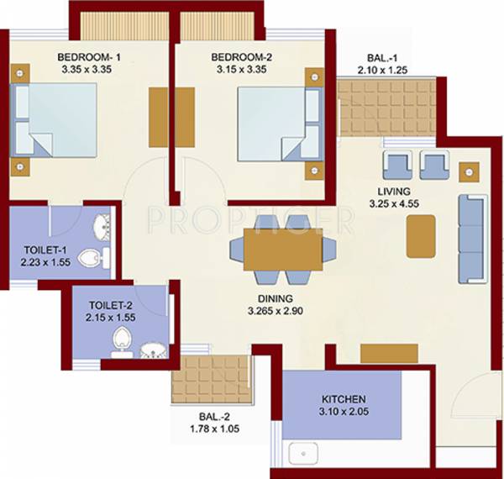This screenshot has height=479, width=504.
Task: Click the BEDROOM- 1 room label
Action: coord(89,57)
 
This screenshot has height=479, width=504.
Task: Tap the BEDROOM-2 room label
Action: coord(241,57)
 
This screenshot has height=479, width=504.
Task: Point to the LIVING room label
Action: coord(394,191)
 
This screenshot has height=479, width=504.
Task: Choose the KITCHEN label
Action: coord(344,399)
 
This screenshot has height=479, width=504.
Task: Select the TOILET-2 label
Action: coord(109,306)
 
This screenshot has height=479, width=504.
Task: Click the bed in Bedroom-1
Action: coord(55,120)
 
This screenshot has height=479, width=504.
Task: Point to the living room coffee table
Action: coord(421,236)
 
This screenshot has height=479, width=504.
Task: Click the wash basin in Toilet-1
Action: coord(102,227)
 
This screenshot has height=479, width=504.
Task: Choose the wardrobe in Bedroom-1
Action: coord(160,114)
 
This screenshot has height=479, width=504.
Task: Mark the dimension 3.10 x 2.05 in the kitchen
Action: coord(344,413)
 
